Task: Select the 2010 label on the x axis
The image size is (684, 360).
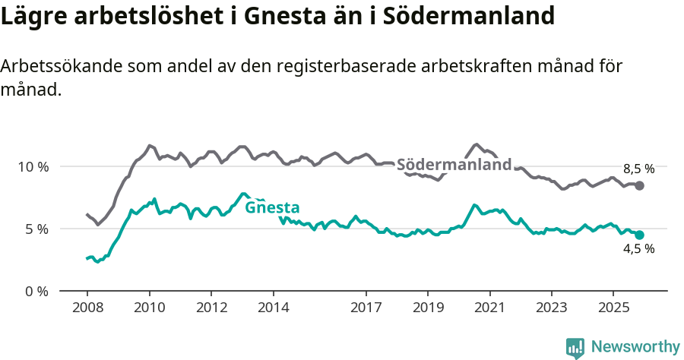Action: click(149, 308)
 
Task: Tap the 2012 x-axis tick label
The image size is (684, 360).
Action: click(211, 308)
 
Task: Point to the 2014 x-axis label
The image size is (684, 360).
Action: click(273, 308)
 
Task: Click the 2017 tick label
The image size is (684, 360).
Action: click(366, 308)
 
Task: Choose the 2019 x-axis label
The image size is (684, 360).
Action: click(428, 308)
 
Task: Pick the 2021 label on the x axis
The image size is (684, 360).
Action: click(489, 308)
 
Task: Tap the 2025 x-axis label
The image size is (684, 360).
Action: click(613, 308)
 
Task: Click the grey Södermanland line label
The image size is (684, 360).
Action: click(454, 165)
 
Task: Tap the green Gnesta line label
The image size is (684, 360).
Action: click(272, 207)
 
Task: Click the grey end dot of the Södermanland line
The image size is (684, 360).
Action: click(640, 185)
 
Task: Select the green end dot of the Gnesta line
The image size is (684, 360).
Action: click(640, 235)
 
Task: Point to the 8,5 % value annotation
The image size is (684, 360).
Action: click(638, 169)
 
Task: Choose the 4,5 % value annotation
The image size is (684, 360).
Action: click(638, 249)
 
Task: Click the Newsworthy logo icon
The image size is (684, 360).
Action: click(575, 347)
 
